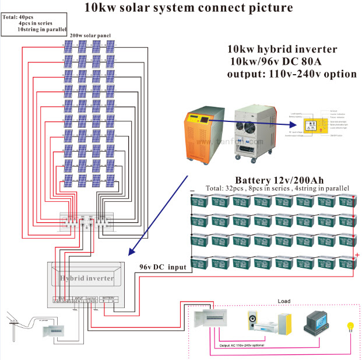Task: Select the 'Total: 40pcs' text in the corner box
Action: (x=19, y=17)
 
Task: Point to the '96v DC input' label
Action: (x=163, y=266)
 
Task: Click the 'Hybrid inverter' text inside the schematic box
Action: (x=87, y=278)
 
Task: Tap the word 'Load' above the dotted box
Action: (x=284, y=301)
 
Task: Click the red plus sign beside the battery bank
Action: (x=357, y=256)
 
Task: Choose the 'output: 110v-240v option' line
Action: (x=291, y=74)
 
